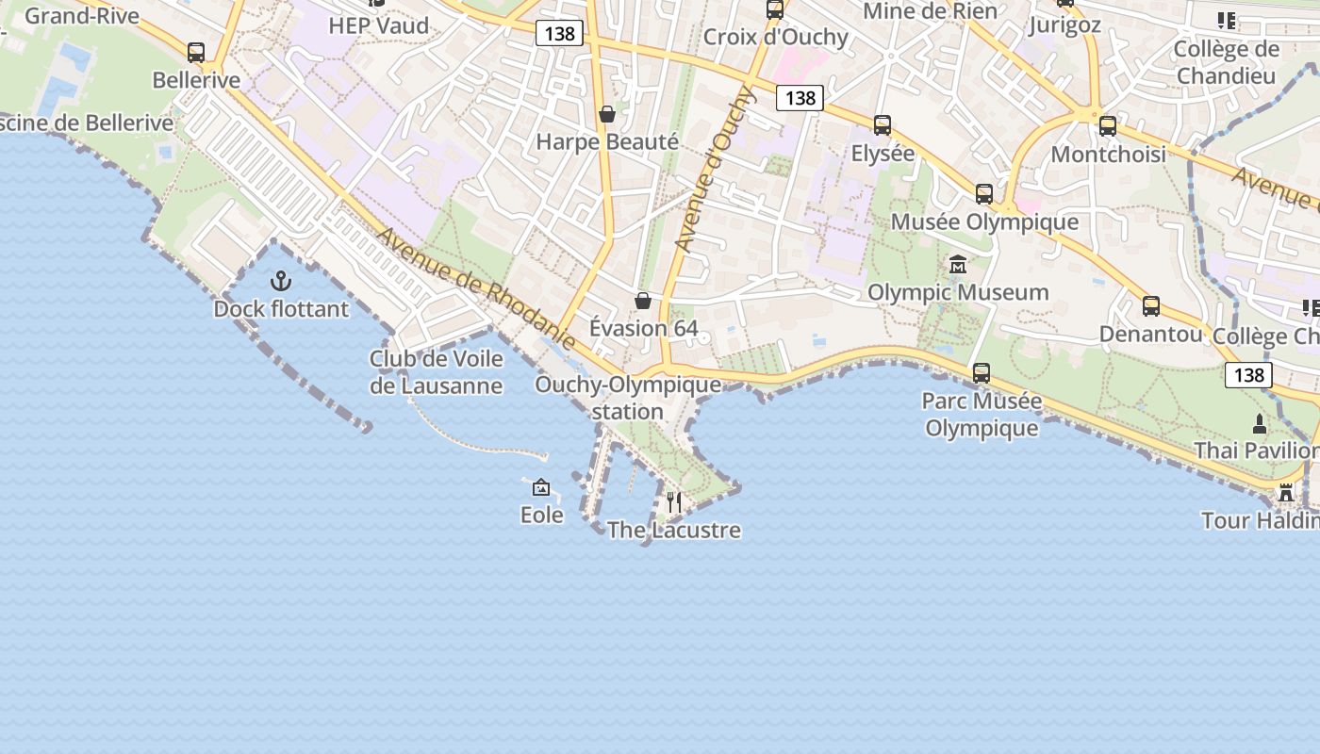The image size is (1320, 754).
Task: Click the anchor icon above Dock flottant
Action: click(281, 280)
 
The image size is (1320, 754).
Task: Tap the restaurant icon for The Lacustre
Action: click(674, 501)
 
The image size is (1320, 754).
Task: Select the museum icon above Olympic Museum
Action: click(958, 264)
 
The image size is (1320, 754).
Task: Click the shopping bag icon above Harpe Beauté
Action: click(607, 114)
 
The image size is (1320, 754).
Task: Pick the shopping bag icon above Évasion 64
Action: click(643, 301)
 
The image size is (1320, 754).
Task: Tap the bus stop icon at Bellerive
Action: click(196, 53)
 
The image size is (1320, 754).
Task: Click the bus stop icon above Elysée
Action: click(883, 124)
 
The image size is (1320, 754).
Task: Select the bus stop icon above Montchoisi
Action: click(1108, 125)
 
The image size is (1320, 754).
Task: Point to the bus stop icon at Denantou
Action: click(1151, 305)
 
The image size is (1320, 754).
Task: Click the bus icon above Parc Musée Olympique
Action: click(982, 372)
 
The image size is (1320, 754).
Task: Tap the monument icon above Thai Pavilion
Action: click(1260, 423)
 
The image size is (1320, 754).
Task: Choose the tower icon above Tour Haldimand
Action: click(1286, 493)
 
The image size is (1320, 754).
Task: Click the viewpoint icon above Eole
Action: click(541, 487)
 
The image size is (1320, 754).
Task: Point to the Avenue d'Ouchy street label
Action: click(716, 170)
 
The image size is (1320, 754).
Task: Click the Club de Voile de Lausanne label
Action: click(436, 372)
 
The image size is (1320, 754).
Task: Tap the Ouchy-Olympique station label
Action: click(628, 398)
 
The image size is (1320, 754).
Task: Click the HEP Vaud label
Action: click(378, 25)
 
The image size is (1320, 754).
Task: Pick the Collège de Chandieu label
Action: click(1226, 62)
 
